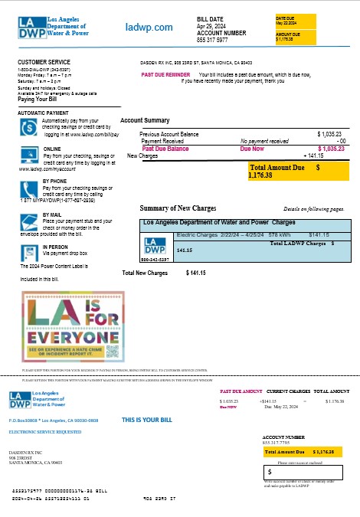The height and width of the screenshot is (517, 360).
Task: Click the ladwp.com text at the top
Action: (x=149, y=28)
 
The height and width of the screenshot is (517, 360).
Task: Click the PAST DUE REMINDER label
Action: (x=165, y=74)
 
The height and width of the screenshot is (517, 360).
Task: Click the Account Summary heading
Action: (x=145, y=121)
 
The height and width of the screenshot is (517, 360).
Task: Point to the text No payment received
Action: (x=264, y=141)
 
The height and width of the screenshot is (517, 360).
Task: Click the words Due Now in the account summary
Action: (x=252, y=149)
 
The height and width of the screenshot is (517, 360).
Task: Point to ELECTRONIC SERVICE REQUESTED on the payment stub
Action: (x=44, y=432)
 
